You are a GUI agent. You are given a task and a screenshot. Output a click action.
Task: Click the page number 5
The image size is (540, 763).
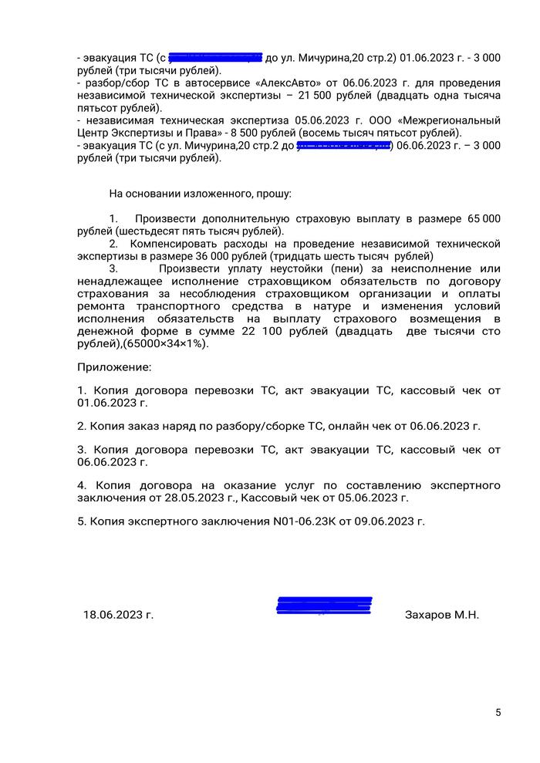click(498, 712)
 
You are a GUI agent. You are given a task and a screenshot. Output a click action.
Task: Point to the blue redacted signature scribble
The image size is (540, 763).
click(324, 606)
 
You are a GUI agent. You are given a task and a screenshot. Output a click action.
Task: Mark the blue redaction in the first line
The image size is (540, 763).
click(215, 57)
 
